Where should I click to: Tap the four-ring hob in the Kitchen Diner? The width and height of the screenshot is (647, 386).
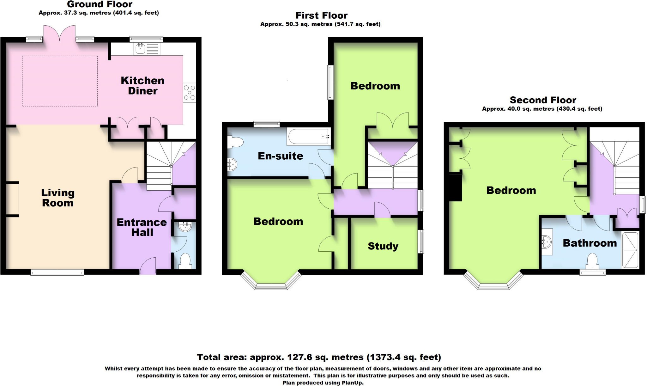pyautogui.click(x=190, y=93)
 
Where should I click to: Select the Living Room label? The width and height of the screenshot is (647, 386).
pyautogui.click(x=58, y=198)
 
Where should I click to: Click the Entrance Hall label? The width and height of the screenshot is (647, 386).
pyautogui.click(x=142, y=227)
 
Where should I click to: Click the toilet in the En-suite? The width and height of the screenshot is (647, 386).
pyautogui.click(x=235, y=142)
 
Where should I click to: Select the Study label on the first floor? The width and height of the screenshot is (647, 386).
pyautogui.click(x=383, y=246)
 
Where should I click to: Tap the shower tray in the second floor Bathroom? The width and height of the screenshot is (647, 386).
pyautogui.click(x=630, y=250)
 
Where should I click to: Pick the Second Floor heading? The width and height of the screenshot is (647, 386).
pyautogui.click(x=543, y=100)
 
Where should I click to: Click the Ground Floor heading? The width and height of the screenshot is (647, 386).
pyautogui.click(x=100, y=4)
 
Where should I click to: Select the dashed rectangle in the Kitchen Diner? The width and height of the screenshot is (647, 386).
pyautogui.click(x=60, y=81)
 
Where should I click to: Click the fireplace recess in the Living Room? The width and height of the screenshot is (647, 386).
pyautogui.click(x=12, y=199)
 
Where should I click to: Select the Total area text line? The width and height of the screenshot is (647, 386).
pyautogui.click(x=319, y=357)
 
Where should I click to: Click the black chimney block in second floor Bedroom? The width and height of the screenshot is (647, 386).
pyautogui.click(x=455, y=188)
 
